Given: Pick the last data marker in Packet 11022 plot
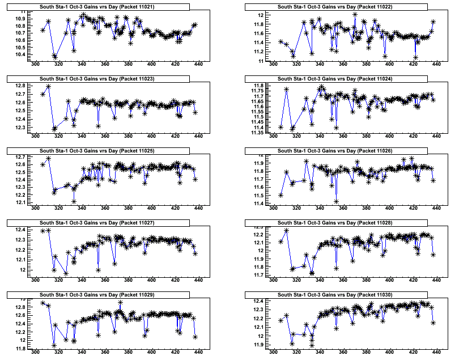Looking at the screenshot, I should click(x=433, y=22).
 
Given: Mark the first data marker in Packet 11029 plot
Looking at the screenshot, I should click(x=43, y=303).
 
